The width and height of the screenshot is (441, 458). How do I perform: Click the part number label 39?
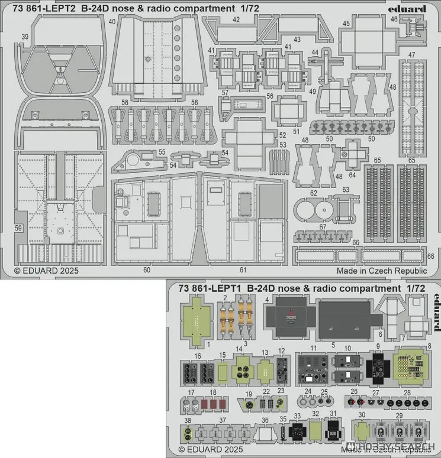[24, 37]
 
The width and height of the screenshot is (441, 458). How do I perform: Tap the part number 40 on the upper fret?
[112, 22]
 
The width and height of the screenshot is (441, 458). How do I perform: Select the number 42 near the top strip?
[236, 20]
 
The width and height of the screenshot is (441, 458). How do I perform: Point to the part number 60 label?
[146, 270]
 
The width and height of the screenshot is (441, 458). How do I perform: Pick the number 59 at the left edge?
[18, 228]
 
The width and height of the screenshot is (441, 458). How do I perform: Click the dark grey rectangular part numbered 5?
[343, 316]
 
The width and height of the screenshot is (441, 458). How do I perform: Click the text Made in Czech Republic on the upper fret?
[381, 270]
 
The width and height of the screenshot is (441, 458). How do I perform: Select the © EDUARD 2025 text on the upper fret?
[46, 270]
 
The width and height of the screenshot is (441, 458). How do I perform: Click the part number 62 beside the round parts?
[313, 193]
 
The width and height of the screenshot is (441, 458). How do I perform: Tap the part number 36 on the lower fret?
[266, 421]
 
